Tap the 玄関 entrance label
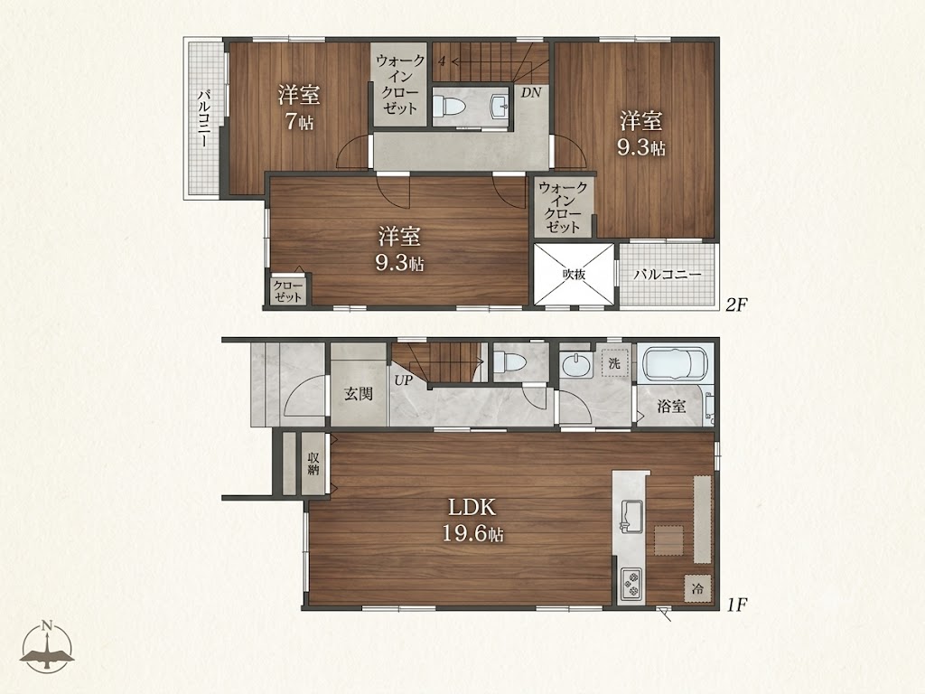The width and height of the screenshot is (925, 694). pyautogui.click(x=359, y=394)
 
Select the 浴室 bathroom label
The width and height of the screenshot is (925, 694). pyautogui.click(x=671, y=406)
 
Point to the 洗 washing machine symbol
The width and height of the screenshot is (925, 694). pyautogui.click(x=614, y=363)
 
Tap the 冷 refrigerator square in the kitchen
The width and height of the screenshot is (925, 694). pyautogui.click(x=698, y=587)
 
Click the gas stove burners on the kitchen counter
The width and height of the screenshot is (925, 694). pyautogui.click(x=630, y=585)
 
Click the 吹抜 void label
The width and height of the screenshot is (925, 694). pyautogui.click(x=574, y=275)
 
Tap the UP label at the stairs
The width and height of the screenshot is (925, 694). pyautogui.click(x=404, y=380)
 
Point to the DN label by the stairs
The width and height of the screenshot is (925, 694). pyautogui.click(x=530, y=93)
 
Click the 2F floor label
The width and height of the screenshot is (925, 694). pyautogui.click(x=736, y=305)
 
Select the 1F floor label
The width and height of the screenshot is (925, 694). pyautogui.click(x=736, y=605)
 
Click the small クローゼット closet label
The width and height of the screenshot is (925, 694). pyautogui.click(x=288, y=292)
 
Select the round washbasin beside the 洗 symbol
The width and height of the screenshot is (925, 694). pyautogui.click(x=575, y=364)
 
